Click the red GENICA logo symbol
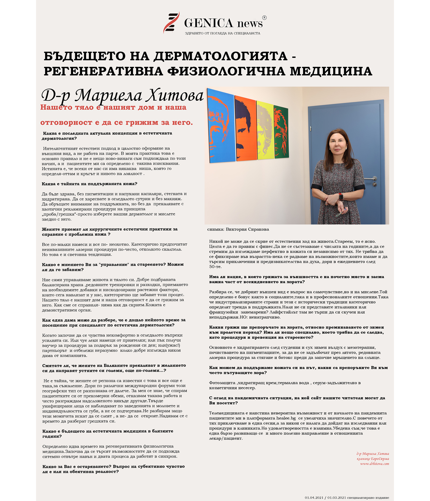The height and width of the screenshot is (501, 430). [171, 23]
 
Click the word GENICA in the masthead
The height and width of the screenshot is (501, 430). [208, 23]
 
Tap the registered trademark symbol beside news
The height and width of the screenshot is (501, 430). [264, 18]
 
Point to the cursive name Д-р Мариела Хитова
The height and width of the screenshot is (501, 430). [122, 95]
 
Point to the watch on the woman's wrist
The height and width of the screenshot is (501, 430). [341, 196]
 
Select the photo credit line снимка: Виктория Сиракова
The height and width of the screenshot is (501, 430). [238, 229]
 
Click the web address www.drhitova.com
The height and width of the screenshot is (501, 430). [374, 464]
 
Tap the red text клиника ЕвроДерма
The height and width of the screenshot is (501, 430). [373, 459]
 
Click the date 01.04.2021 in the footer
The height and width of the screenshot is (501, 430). [314, 497]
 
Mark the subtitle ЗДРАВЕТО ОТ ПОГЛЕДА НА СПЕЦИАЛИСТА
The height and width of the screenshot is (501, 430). [223, 33]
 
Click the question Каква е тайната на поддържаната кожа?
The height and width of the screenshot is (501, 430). [90, 184]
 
